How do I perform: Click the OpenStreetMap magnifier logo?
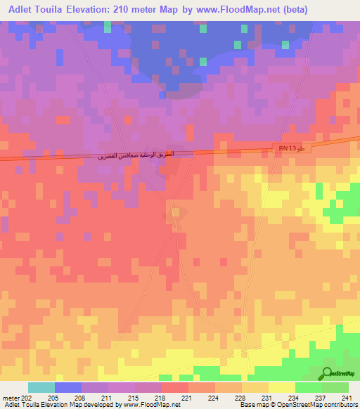(327, 373)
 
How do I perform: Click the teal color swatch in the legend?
(41, 387)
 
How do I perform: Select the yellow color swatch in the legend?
(282, 387)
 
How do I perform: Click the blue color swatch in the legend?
(68, 387)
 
